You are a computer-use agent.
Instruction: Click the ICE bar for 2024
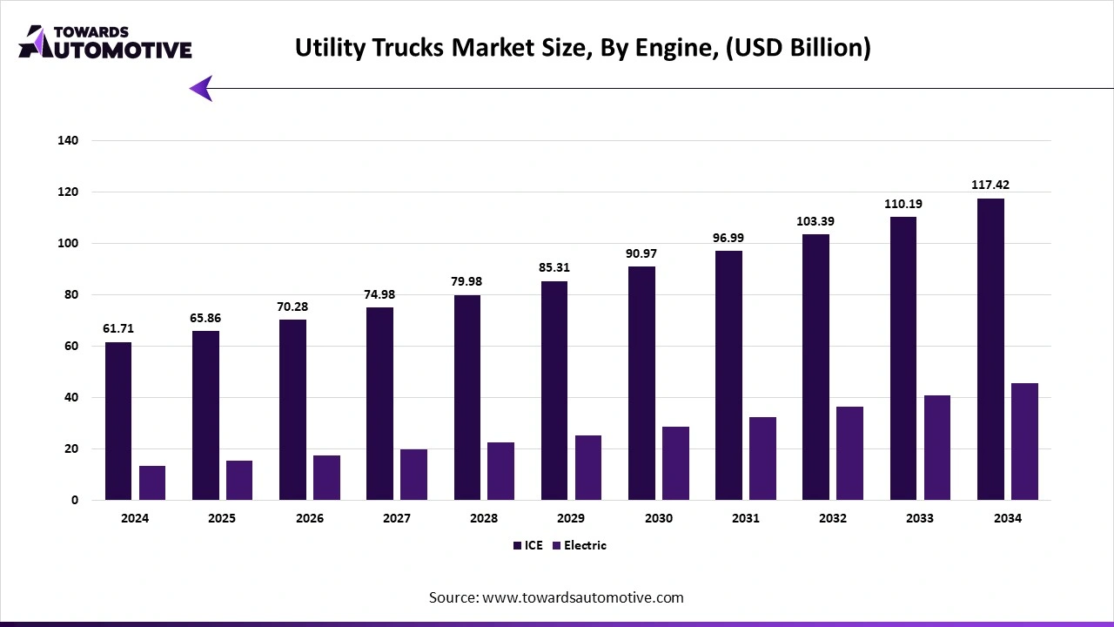point(118,421)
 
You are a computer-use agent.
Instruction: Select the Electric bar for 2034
point(1024,442)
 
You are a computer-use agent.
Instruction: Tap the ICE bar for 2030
point(641,383)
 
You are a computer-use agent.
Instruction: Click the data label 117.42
point(990,185)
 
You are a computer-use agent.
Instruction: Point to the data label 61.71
point(118,328)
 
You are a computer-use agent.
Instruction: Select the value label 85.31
point(554,267)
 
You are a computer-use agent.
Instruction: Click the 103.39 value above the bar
point(816,221)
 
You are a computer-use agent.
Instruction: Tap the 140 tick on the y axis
point(68,140)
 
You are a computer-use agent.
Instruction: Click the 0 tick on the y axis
point(75,501)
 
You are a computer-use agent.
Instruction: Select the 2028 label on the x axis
point(484,518)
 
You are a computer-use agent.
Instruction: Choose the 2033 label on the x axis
point(919,518)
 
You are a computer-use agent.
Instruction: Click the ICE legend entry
point(528,545)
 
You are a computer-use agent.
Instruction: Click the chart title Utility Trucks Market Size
point(582,48)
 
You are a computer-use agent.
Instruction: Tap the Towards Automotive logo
point(104,41)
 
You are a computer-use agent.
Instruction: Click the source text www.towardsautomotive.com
point(556,597)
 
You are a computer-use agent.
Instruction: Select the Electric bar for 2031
point(763,459)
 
